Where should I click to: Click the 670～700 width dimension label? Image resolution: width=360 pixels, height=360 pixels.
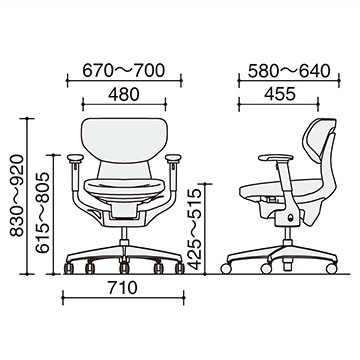pyautogui.click(x=124, y=71)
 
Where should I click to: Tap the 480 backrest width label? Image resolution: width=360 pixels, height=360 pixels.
pyautogui.click(x=124, y=95)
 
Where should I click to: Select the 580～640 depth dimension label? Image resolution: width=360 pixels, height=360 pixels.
pyautogui.click(x=289, y=71)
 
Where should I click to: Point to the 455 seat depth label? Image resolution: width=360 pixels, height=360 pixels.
pyautogui.click(x=280, y=94)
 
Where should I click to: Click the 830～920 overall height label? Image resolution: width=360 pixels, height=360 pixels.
pyautogui.click(x=17, y=196)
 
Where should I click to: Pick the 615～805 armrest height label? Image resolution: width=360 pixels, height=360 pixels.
pyautogui.click(x=43, y=213)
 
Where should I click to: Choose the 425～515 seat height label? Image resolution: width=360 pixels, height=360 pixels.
pyautogui.click(x=194, y=229)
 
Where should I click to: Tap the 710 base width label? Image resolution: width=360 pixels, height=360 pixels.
pyautogui.click(x=123, y=288)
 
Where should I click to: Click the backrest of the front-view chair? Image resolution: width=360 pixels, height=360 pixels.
pyautogui.click(x=124, y=140)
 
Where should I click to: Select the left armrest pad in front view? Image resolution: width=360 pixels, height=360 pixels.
pyautogui.click(x=75, y=157)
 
